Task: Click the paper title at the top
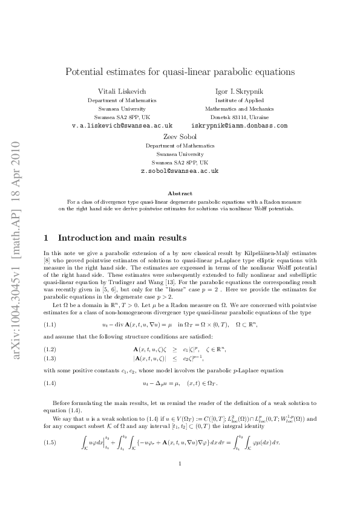180,71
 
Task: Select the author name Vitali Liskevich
122,91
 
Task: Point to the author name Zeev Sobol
180,137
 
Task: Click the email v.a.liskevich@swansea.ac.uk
122,126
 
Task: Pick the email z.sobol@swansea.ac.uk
180,171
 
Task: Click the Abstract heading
180,192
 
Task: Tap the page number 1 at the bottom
180,481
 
